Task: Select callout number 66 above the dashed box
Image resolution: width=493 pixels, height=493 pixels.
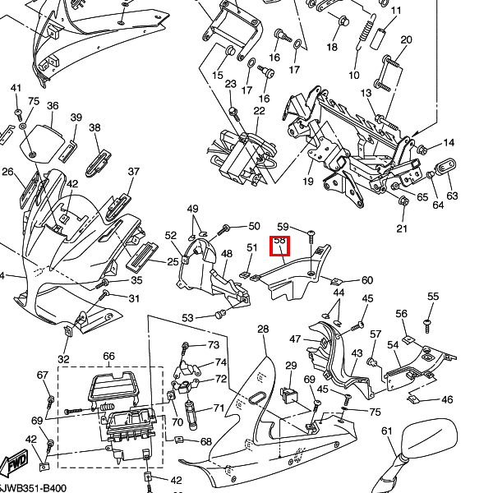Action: tap(108, 357)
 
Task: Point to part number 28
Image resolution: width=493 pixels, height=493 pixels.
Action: tap(263, 329)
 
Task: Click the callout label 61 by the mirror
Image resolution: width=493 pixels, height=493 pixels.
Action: tap(387, 431)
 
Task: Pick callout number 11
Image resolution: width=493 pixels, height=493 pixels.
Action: tap(396, 11)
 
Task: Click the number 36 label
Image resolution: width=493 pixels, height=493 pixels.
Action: tap(53, 106)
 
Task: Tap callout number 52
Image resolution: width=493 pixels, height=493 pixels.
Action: tap(171, 236)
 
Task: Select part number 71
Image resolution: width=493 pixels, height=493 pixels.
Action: tap(219, 408)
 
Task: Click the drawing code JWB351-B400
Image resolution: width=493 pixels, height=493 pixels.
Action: tap(33, 487)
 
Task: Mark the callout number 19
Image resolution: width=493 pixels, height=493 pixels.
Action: tap(308, 182)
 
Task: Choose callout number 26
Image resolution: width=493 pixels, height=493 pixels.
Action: tap(8, 172)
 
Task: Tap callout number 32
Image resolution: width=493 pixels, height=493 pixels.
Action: tap(63, 359)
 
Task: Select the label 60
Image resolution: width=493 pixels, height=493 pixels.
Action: tap(366, 281)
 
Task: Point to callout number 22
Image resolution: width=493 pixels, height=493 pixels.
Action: tap(260, 111)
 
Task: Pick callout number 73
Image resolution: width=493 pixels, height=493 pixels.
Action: tap(214, 344)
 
